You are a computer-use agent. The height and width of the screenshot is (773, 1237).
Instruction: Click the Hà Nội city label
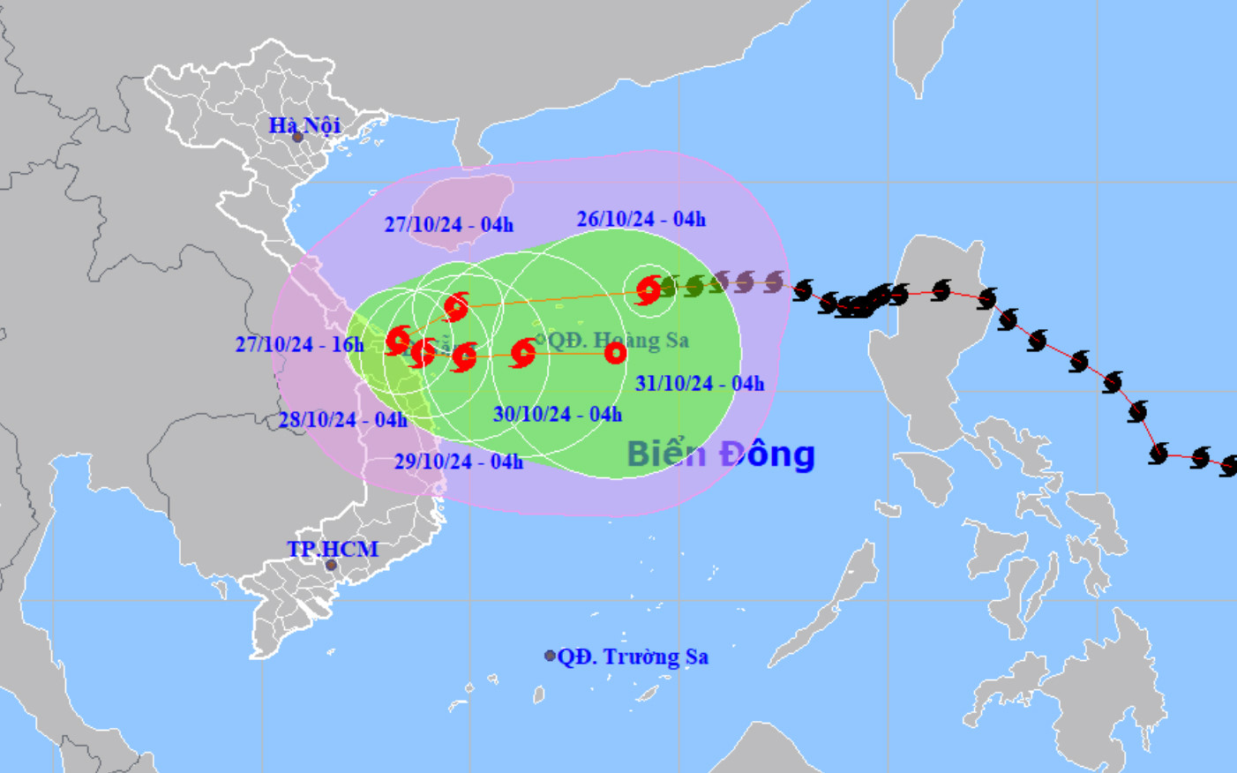[x=304, y=124]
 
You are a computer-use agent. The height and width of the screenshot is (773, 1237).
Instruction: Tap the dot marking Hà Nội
[x=298, y=137]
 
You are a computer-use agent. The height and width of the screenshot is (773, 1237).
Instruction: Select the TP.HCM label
[x=333, y=549]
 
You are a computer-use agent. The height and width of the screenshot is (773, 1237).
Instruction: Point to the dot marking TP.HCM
[x=331, y=565]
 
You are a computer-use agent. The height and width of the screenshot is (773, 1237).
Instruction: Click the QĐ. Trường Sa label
[x=633, y=657]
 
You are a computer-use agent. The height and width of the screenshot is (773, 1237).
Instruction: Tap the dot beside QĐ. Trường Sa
[x=550, y=656]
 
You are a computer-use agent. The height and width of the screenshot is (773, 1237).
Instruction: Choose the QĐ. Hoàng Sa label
[x=618, y=340]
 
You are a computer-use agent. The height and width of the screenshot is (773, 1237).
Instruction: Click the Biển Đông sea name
[x=720, y=454]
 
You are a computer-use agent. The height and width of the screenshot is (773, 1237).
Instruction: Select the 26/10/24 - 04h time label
[x=641, y=219]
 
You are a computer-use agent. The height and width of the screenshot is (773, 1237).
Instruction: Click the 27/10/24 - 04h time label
[x=448, y=224]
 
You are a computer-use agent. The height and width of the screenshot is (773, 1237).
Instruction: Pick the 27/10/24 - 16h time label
[x=299, y=344]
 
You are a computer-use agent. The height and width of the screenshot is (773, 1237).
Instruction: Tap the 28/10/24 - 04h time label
[x=342, y=419]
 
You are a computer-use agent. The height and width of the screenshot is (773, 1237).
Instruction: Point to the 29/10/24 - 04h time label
[x=458, y=461]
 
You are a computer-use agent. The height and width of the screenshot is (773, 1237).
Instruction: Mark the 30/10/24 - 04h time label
[x=557, y=414]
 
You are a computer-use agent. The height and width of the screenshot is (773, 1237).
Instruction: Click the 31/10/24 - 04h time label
[x=700, y=383]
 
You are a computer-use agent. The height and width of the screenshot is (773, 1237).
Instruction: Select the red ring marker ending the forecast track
[x=615, y=354]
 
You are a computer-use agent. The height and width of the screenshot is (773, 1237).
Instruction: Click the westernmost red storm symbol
[x=399, y=340]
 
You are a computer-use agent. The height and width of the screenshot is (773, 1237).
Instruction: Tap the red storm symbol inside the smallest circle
[x=649, y=289]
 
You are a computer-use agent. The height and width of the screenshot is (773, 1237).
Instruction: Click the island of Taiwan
[x=926, y=44]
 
